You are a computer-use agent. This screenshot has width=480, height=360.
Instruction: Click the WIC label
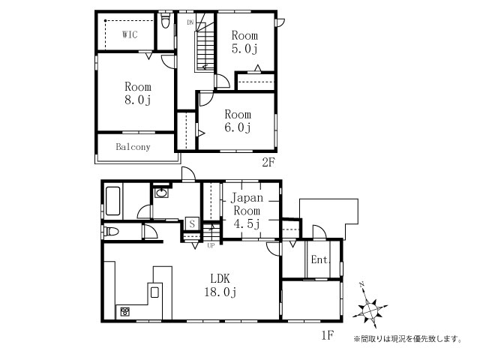point(130,34)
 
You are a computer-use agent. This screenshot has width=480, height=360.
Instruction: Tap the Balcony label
point(133,147)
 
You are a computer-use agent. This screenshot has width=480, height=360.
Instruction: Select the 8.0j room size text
point(138,100)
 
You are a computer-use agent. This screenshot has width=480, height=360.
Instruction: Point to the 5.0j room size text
point(244,49)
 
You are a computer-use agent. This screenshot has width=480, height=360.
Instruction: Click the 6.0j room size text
point(238,127)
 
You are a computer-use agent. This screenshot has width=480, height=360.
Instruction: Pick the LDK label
point(220,278)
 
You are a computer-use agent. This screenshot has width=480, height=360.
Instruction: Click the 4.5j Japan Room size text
point(247,224)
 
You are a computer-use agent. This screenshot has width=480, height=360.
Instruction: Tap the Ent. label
point(320,260)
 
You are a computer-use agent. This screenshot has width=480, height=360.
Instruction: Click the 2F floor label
point(268,162)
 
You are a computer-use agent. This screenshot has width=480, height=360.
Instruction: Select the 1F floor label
point(327,335)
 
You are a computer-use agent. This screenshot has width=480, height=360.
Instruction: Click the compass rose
point(370,310)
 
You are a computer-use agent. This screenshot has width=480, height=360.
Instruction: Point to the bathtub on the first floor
point(112,201)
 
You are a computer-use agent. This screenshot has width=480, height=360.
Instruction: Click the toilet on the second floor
point(165,20)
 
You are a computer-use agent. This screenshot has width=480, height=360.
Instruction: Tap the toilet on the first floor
point(111,231)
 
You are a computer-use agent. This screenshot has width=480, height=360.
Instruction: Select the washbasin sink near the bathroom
point(161,193)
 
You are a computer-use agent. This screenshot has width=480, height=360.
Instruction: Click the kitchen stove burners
point(125,312)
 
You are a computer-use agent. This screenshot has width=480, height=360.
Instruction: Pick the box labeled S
point(192,223)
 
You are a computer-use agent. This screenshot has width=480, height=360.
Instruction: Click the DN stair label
point(190,22)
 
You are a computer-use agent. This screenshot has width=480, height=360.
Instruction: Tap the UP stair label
point(211,245)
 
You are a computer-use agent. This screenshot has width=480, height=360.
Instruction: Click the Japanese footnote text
point(408,339)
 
